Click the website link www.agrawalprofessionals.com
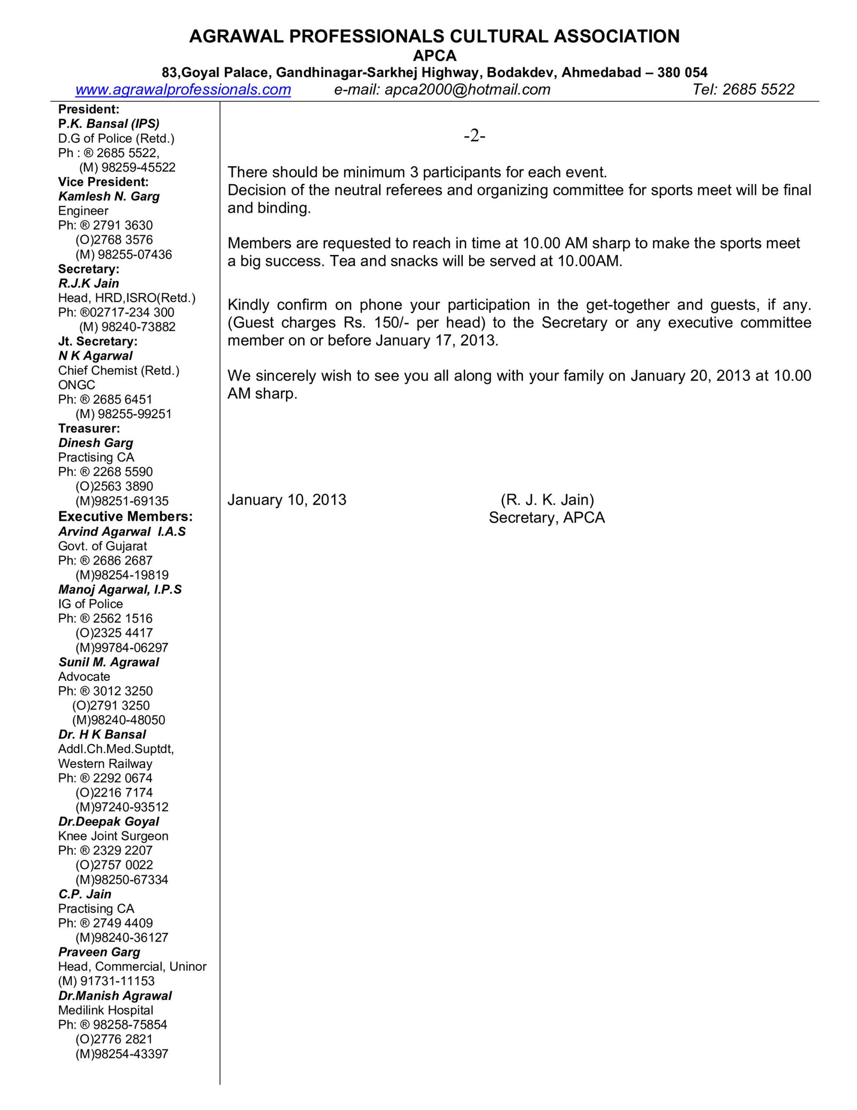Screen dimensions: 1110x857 [x=183, y=90]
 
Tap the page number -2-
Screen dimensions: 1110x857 [x=475, y=136]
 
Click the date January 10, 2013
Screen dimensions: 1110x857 [x=287, y=500]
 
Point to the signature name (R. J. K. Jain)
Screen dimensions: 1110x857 [x=547, y=500]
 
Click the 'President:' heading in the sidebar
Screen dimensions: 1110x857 [x=89, y=109]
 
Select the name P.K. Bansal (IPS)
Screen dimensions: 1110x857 [x=109, y=124]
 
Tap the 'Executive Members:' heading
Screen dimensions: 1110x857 [x=125, y=517]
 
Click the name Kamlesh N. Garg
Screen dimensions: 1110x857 [x=109, y=196]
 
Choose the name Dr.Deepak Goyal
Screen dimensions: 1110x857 [x=109, y=822]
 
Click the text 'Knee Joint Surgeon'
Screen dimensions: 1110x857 [x=113, y=836]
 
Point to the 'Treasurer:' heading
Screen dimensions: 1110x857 [x=89, y=428]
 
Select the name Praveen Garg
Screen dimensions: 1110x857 [x=99, y=952]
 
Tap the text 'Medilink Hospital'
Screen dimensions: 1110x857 [x=106, y=1010]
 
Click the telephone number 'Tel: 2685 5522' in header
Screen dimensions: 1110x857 [x=743, y=90]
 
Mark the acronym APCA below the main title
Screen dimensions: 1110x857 [x=434, y=56]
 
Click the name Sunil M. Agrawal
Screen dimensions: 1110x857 [x=109, y=662]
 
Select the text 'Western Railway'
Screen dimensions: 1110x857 [x=105, y=763]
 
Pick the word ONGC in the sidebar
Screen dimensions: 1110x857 [x=77, y=385]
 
